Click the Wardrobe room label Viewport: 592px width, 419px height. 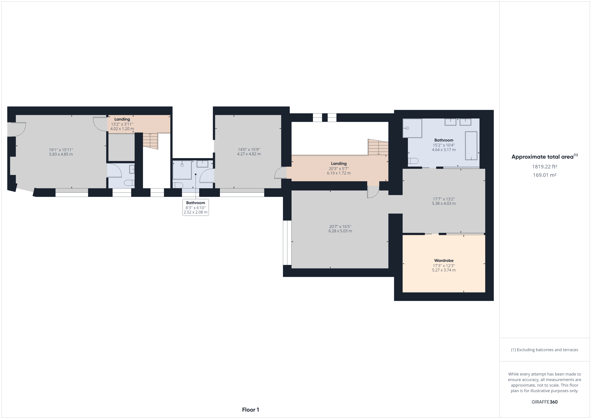(444, 261)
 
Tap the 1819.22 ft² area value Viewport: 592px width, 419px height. (545, 167)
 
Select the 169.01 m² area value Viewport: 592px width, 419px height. (545, 175)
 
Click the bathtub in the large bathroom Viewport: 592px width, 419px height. (471, 146)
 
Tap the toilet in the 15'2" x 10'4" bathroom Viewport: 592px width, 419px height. (413, 161)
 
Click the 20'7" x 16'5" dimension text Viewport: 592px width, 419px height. (340, 229)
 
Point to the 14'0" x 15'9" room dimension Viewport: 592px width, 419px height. (249, 152)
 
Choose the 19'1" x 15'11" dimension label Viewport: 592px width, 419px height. (61, 152)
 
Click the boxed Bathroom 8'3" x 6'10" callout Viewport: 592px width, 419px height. (195, 207)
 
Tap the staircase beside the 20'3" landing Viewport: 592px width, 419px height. (378, 147)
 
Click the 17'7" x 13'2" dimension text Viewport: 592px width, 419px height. (444, 201)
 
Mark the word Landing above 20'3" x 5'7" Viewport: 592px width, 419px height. (339, 164)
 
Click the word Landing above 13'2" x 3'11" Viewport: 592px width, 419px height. (122, 119)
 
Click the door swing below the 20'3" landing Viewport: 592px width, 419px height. (373, 192)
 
